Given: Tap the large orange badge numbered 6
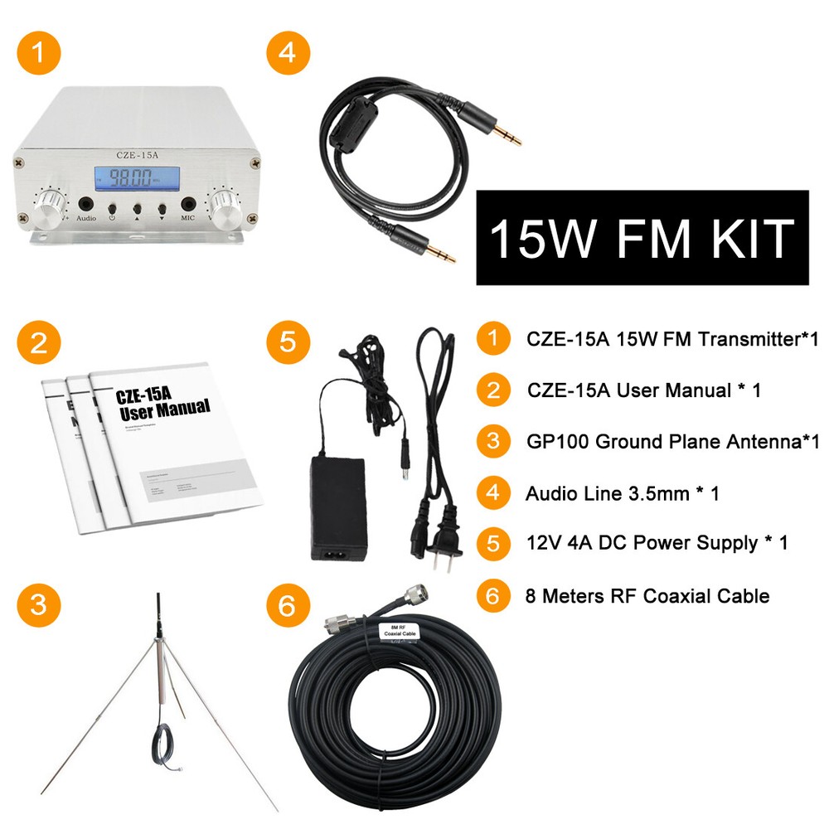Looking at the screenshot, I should [x=288, y=606].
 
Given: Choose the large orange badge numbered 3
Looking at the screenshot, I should [x=39, y=606].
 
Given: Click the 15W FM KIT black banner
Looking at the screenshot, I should [x=642, y=238].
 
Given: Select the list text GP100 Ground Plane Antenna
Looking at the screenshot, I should [x=672, y=442].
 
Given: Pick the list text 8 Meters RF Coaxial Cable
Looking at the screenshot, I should [x=647, y=595].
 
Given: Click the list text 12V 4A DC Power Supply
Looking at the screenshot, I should [x=656, y=544].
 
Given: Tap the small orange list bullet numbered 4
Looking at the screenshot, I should [x=493, y=493].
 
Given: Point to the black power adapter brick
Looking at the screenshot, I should [x=337, y=507].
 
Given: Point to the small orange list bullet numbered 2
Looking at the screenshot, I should [x=493, y=390].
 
